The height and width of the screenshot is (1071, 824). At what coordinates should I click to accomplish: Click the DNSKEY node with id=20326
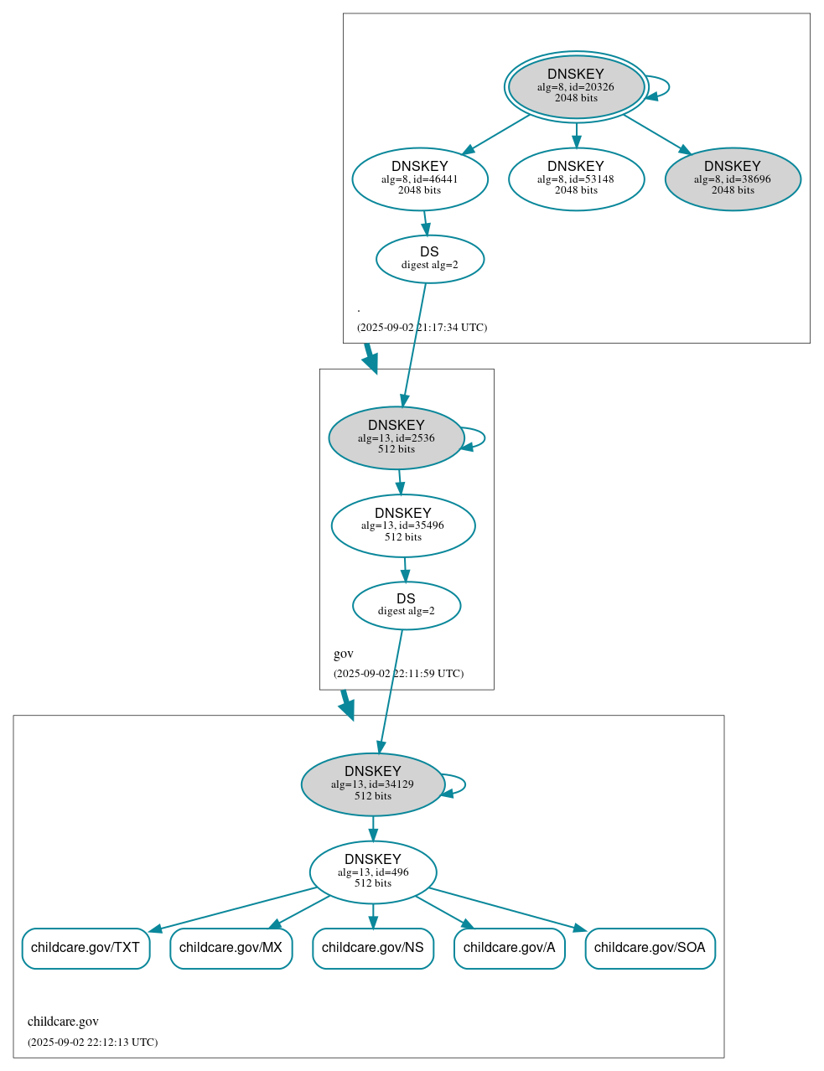576,86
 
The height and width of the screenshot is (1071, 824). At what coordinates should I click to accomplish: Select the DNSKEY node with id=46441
420,178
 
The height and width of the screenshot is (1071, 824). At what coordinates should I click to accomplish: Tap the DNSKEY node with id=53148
576,178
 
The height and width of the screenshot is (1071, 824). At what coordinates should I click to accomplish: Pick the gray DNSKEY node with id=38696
733,178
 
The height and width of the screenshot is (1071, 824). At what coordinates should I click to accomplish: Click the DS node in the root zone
429,259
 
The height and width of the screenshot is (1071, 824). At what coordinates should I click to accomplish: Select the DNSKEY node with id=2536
396,437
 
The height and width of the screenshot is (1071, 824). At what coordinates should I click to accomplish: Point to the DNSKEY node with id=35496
403,525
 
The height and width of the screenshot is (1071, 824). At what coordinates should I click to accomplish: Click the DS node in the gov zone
407,605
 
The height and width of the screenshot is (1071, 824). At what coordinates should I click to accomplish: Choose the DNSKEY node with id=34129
373,784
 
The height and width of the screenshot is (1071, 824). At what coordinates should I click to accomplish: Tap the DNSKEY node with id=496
373,872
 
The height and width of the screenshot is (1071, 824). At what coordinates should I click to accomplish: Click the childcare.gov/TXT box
86,948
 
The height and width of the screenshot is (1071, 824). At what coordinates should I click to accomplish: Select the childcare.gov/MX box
231,948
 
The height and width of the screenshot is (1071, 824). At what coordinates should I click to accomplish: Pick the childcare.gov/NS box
373,948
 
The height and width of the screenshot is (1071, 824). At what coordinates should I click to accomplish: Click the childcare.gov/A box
510,948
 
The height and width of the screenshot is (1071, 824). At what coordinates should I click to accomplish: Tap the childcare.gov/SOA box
650,948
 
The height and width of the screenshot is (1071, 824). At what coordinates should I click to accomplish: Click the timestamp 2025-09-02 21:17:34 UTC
422,327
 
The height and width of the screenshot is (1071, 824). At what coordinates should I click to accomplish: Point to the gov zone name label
344,654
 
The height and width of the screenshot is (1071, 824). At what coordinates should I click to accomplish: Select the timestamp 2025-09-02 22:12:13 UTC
92,1042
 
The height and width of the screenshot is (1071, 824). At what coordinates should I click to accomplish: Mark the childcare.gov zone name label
63,1021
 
